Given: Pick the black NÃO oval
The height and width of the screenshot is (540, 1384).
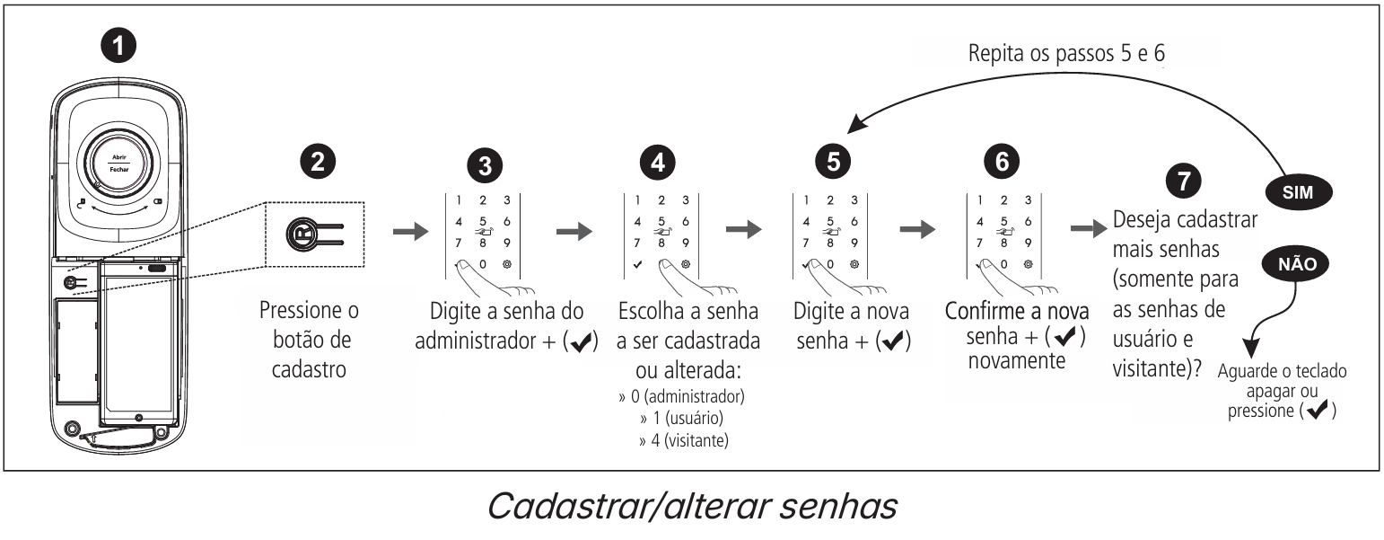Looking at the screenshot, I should coord(1294,263).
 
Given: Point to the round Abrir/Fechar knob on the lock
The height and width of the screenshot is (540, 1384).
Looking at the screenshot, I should coord(122,163).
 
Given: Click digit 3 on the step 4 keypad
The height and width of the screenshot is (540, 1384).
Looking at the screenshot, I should coord(686,199).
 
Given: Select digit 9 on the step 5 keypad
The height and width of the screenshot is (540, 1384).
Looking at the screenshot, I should coord(853,242).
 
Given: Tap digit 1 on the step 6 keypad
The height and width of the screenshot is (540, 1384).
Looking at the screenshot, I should coord(979,199).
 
